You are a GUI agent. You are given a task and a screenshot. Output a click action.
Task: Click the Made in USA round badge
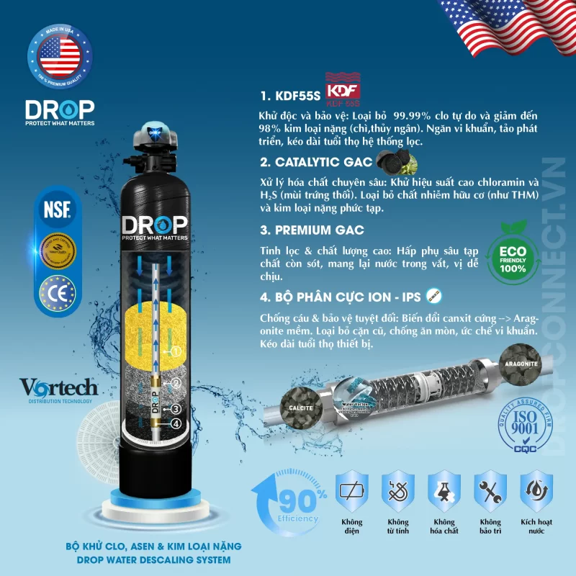coord(60,58)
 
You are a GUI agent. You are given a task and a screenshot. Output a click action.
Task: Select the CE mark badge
coord(60,294)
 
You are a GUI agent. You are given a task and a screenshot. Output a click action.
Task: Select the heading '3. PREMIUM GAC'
coord(312,230)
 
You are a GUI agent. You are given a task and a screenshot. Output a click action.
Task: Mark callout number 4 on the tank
coord(176,423)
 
